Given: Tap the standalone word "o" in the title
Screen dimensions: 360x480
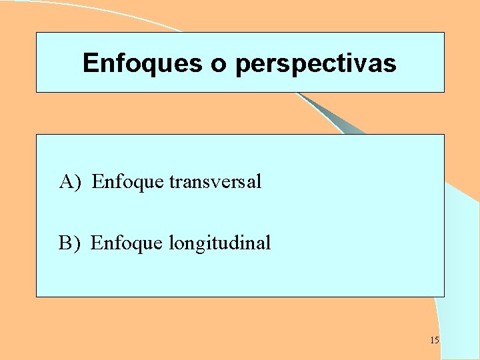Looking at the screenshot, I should point(218,64).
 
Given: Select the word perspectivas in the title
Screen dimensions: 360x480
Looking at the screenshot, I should point(315,64).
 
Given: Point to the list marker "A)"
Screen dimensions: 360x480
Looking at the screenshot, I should point(70,181).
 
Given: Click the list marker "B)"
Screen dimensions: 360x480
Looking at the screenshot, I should point(69,243).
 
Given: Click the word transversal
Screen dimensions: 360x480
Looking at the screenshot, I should point(215,181).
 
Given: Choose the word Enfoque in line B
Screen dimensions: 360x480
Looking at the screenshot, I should point(126,243).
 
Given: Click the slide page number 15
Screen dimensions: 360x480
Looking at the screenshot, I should point(435,341).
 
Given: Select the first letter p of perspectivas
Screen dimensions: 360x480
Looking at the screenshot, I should point(242,65).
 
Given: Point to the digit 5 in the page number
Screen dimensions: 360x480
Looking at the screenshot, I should point(437,341).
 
